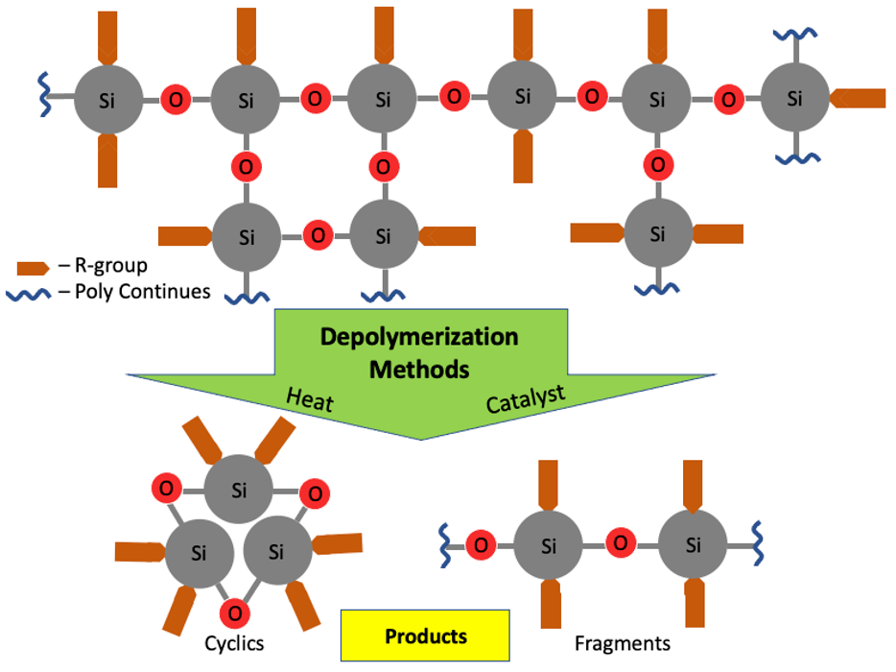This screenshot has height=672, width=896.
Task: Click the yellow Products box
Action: coord(425,636)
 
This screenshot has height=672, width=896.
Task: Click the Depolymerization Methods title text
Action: coord(418,352)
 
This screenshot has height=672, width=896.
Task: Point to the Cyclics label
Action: coord(234,643)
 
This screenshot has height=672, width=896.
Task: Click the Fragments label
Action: coord(622,643)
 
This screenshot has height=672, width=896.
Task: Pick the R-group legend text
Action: coord(110,266)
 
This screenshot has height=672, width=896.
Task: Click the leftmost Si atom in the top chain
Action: coord(106,99)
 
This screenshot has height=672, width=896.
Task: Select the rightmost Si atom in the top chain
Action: coord(794,98)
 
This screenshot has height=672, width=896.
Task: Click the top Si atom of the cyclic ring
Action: coord(239,490)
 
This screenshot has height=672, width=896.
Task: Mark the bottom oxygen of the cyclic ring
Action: coord(233,612)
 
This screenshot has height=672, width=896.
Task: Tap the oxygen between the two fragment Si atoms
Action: coord(622,544)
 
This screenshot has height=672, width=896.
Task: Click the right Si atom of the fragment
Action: coord(694,545)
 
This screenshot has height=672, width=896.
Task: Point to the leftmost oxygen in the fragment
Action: coord(481,545)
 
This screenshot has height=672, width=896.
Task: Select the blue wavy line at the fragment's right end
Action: coord(756,545)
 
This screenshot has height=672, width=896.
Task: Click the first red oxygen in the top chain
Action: coord(175,99)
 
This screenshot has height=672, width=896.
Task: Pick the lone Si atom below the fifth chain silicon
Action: coord(657,233)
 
